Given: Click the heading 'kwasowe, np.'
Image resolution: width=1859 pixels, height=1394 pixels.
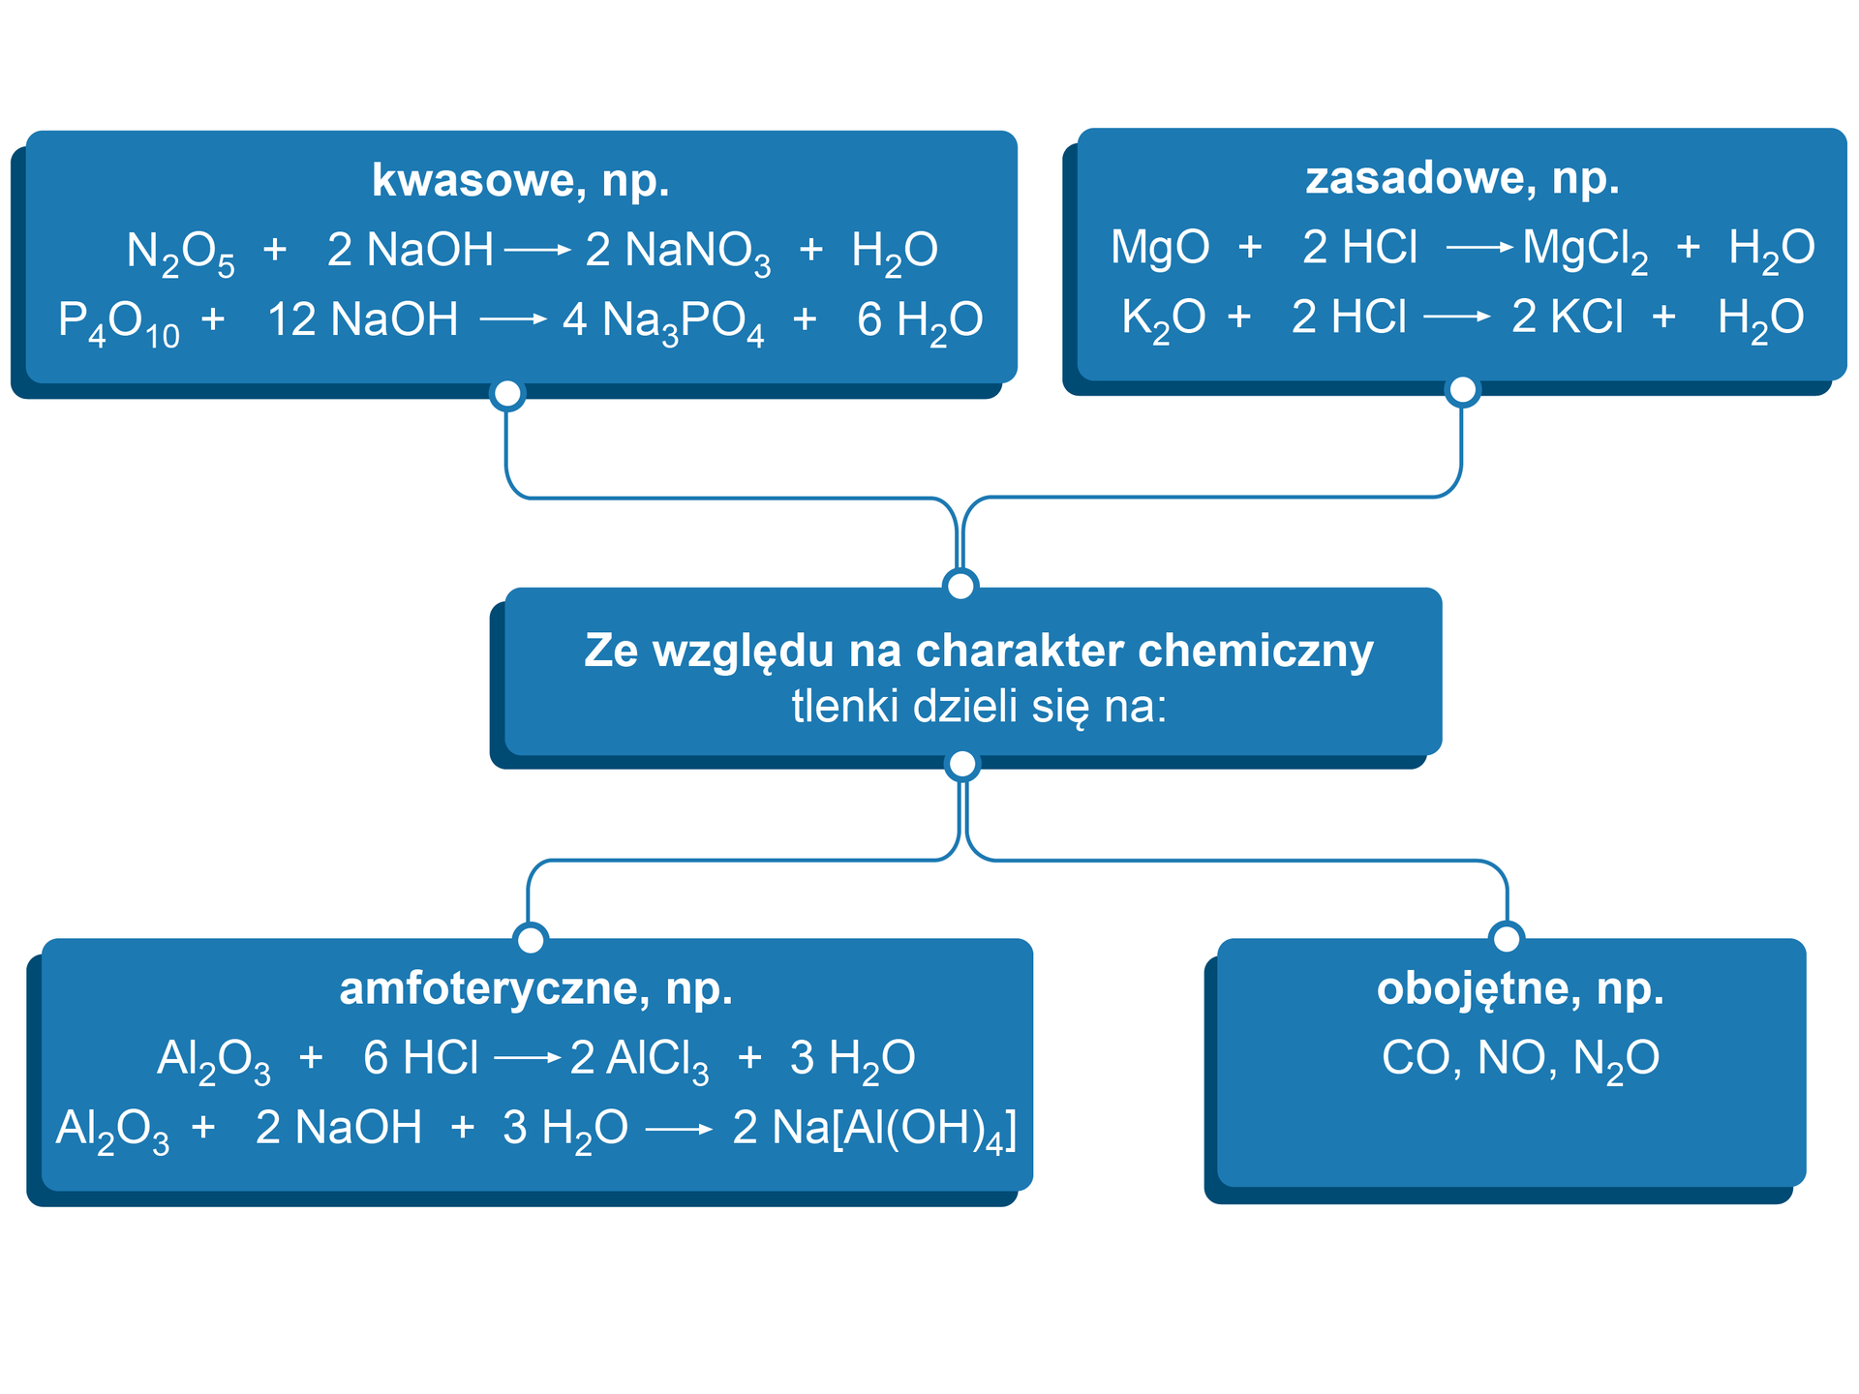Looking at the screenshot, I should (x=520, y=180).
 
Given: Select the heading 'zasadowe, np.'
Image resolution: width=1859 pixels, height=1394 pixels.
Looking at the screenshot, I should (x=1462, y=178).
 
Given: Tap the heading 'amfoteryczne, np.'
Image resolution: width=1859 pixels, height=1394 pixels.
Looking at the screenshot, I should (x=535, y=988).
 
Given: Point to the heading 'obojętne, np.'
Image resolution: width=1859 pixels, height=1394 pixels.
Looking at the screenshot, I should (x=1520, y=988).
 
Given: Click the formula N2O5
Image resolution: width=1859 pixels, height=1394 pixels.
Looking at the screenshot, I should (x=181, y=252).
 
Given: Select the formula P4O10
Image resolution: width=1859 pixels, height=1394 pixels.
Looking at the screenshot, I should (x=118, y=321).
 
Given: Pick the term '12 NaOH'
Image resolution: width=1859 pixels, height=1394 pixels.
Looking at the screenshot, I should (x=362, y=319).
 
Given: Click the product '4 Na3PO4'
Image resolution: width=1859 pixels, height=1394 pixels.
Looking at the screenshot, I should (x=663, y=321).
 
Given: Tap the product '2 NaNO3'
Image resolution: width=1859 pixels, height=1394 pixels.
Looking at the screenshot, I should (x=678, y=252).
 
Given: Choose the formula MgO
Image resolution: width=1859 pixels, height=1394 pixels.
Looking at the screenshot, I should (x=1160, y=248).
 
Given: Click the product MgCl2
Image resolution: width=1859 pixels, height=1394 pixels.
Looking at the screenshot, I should (x=1585, y=250).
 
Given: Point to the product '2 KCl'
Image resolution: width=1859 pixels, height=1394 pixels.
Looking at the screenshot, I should (x=1567, y=318).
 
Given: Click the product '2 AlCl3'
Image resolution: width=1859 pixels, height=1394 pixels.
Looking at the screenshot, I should (x=639, y=1059).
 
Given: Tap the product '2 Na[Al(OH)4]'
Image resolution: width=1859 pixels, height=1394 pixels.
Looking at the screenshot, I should (x=874, y=1130).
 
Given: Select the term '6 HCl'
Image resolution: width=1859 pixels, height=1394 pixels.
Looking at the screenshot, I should (x=420, y=1058).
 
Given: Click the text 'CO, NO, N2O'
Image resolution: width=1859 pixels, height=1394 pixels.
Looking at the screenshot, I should (x=1520, y=1059).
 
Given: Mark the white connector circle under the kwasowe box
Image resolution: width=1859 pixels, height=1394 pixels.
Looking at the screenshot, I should (x=507, y=394).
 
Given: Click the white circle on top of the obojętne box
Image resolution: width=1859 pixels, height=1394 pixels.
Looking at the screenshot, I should (x=1507, y=937).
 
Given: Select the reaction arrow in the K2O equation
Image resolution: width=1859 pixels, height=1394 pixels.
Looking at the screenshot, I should (x=1457, y=317).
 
